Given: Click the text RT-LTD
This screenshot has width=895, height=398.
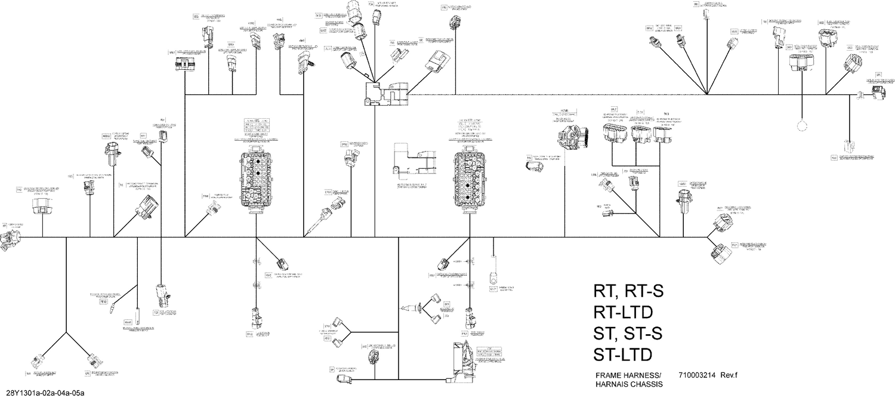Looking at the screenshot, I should click(x=622, y=312).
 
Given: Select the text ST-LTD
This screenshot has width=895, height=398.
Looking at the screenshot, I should click(x=622, y=354).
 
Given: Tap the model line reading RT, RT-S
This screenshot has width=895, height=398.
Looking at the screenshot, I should click(x=628, y=291).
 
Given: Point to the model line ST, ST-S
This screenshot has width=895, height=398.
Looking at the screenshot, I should click(x=628, y=333).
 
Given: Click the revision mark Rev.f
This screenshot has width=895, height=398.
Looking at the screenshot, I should click(x=729, y=375).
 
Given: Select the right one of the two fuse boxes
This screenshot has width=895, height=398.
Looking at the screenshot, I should click(x=472, y=179).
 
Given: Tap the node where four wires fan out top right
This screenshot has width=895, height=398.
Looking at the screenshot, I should click(x=707, y=94).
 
